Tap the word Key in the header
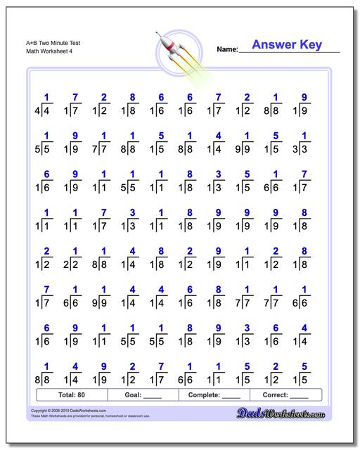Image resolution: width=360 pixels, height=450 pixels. point(310,45)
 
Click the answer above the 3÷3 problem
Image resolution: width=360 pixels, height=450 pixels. point(304,136)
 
